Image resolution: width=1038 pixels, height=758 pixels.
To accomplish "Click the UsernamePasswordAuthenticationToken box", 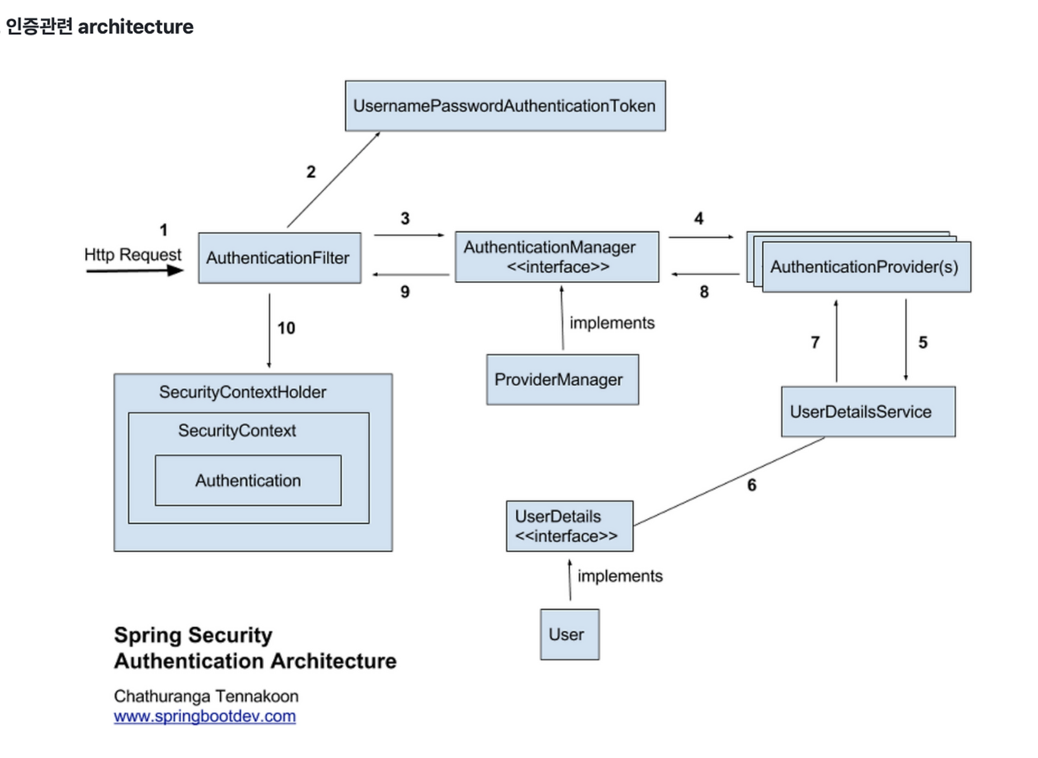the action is pyautogui.click(x=505, y=106).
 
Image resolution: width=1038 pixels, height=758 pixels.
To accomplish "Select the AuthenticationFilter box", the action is pyautogui.click(x=280, y=258).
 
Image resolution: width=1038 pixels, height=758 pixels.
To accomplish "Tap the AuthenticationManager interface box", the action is pyautogui.click(x=557, y=257).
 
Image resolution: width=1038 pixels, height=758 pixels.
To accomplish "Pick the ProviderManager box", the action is pyautogui.click(x=563, y=380).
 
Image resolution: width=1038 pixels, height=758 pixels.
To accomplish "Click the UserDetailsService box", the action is pyautogui.click(x=868, y=411).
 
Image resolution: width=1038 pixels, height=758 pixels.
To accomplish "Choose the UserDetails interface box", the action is pyautogui.click(x=570, y=526).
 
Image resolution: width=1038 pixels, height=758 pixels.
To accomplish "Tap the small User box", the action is pyautogui.click(x=570, y=634).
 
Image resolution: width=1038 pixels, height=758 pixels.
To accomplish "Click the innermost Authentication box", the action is pyautogui.click(x=248, y=480).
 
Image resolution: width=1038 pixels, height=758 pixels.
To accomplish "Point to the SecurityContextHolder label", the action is pyautogui.click(x=243, y=392).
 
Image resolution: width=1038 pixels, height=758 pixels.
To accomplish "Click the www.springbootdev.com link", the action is pyautogui.click(x=205, y=716).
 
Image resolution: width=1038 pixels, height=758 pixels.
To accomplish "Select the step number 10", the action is pyautogui.click(x=286, y=328).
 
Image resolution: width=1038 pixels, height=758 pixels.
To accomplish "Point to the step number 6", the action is pyautogui.click(x=752, y=485).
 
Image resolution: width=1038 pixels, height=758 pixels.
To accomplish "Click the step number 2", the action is pyautogui.click(x=311, y=172).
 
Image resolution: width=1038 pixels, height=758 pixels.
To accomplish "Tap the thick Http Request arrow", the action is pyautogui.click(x=135, y=271).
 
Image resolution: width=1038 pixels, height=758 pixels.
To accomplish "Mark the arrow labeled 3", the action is pyautogui.click(x=409, y=235).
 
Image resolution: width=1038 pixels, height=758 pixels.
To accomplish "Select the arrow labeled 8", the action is pyautogui.click(x=705, y=274).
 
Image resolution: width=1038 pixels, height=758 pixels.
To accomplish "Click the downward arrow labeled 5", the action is pyautogui.click(x=906, y=340).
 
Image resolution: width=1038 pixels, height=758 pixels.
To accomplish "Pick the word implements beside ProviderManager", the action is pyautogui.click(x=612, y=323).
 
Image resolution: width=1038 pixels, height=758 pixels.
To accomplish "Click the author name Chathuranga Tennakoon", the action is pyautogui.click(x=206, y=696).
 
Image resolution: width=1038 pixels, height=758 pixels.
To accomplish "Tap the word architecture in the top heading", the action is pyautogui.click(x=136, y=26).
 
